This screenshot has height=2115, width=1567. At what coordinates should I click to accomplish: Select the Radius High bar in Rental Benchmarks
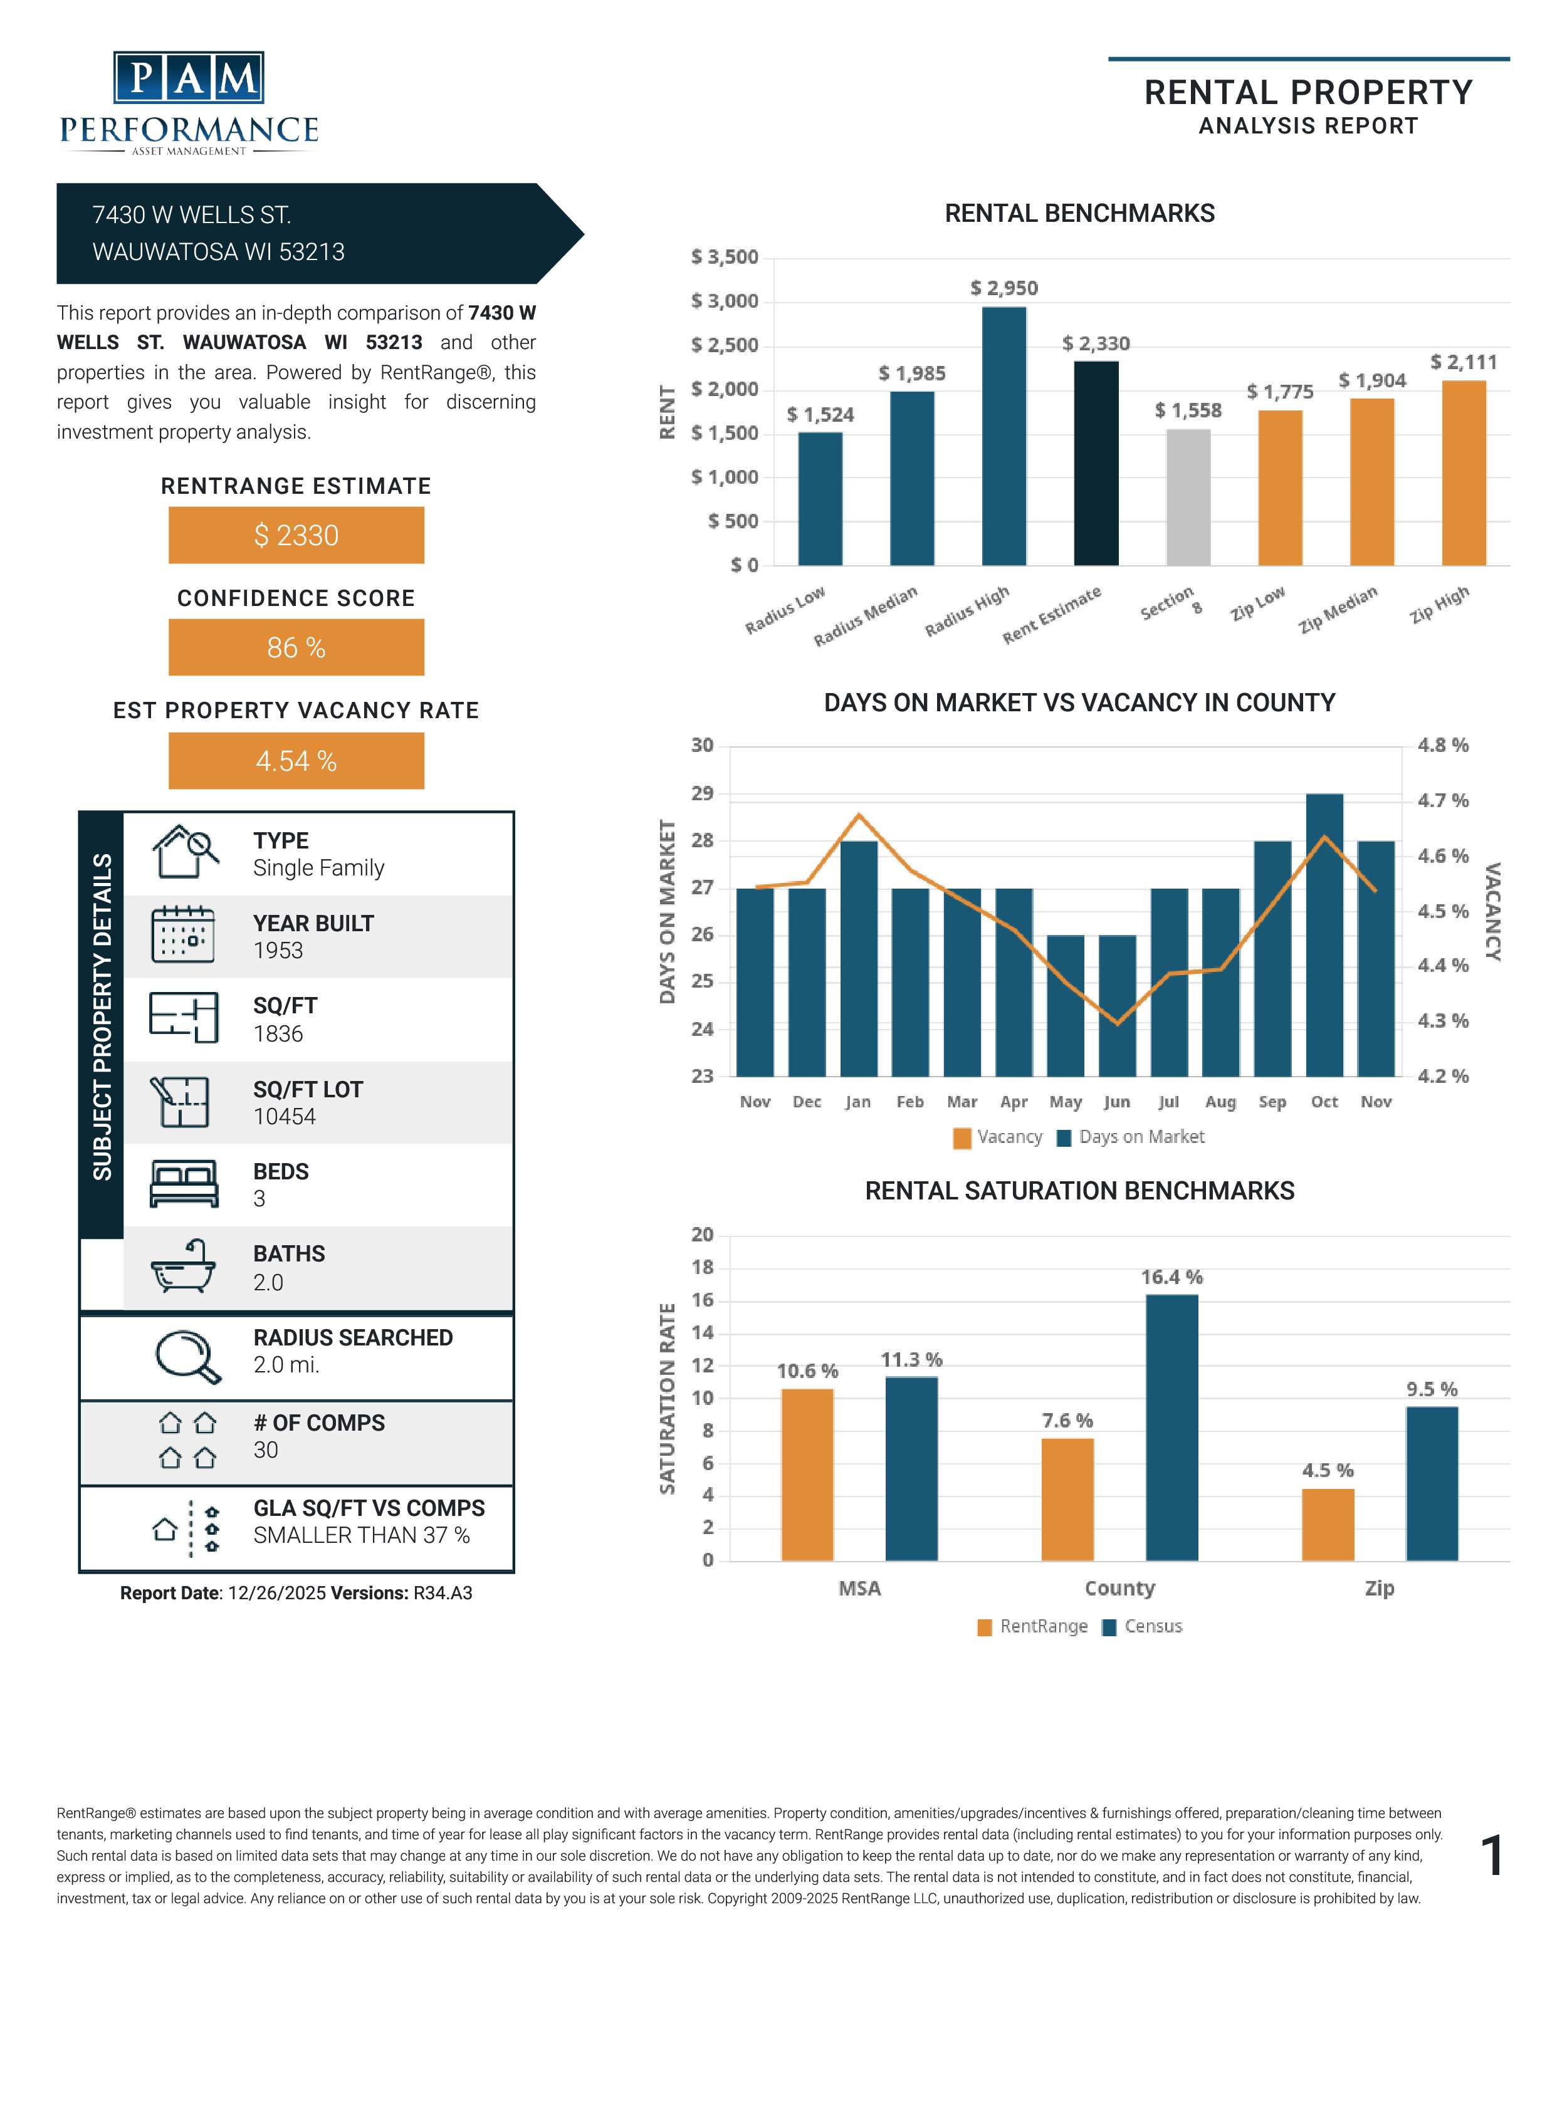1004,436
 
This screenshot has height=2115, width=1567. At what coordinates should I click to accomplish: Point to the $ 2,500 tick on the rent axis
725,345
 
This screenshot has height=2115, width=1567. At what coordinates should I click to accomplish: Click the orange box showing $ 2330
296,535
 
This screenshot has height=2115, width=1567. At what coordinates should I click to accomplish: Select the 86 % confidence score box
296,648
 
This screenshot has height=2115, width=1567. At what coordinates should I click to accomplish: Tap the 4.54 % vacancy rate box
296,761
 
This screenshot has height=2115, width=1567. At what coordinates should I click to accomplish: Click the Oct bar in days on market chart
1324,934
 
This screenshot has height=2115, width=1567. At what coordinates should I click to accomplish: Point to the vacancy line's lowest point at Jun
1118,1023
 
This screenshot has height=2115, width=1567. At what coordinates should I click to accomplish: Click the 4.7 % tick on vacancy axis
1442,800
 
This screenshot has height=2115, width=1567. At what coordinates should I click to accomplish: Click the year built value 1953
278,950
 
